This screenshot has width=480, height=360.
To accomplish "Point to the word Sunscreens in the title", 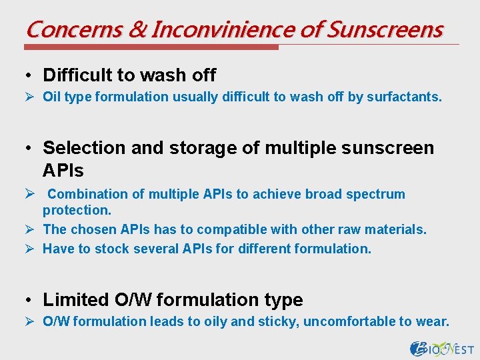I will click(x=386, y=29).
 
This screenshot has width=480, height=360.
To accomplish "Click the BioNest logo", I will click(x=442, y=348).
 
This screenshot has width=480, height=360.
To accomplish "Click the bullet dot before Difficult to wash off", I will click(x=32, y=75).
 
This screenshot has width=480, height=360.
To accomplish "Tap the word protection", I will click(x=76, y=211).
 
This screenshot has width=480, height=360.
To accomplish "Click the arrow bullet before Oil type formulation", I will click(x=32, y=97).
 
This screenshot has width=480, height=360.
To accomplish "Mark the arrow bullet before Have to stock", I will click(x=32, y=249).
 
